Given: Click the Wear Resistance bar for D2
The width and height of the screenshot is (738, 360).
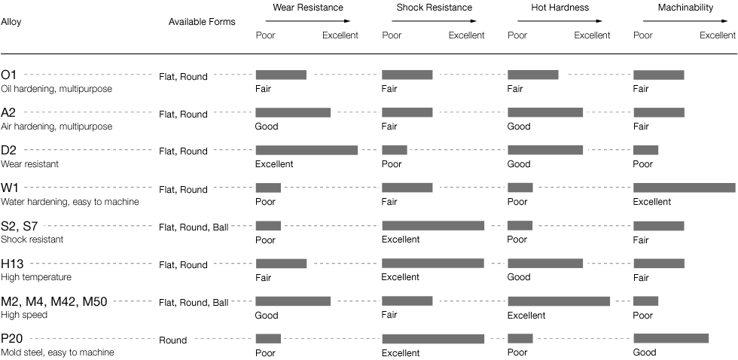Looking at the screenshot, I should [306, 151].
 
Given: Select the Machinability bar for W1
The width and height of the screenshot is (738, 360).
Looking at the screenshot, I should [684, 188].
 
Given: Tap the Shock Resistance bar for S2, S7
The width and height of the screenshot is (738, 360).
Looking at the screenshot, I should [433, 226].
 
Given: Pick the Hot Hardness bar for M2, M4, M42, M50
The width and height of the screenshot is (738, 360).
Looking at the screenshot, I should [559, 301].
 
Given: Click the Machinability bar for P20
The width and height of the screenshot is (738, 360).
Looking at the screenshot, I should [671, 338].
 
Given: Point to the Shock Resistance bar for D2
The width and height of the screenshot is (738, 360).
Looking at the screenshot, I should [395, 151].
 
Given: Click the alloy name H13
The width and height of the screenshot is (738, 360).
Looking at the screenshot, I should [14, 264].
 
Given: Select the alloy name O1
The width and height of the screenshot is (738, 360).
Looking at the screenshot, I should [9, 75].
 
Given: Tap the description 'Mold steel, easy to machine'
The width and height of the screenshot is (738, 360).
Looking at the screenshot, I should [57, 352].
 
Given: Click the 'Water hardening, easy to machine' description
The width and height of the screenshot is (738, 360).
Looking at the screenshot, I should [70, 202].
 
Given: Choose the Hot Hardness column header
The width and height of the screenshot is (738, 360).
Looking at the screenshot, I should [559, 8].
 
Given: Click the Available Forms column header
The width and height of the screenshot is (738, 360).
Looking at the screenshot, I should [202, 22].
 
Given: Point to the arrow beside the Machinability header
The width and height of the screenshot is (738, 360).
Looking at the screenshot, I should [685, 22].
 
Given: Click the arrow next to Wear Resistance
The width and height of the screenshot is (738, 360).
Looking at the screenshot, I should [306, 22].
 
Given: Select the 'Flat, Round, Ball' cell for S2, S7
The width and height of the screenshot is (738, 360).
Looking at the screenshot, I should [194, 227].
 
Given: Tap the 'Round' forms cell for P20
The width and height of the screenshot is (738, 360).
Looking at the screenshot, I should [172, 340].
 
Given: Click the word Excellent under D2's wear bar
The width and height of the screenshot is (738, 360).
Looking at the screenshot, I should [274, 164].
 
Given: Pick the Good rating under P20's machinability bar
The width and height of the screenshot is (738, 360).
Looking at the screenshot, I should [645, 352].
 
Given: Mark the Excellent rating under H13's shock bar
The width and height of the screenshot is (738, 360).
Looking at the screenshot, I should [400, 277].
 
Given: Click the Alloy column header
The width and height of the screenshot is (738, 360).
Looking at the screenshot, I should [11, 22].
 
